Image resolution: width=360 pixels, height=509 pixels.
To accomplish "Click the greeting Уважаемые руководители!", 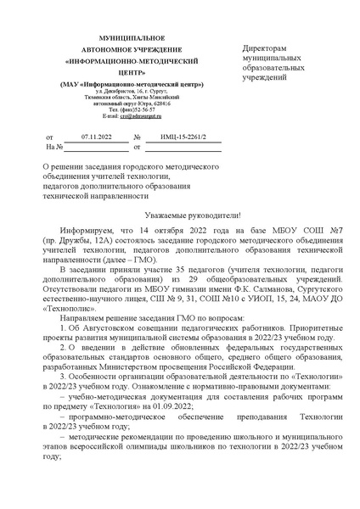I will [x=182, y=215].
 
